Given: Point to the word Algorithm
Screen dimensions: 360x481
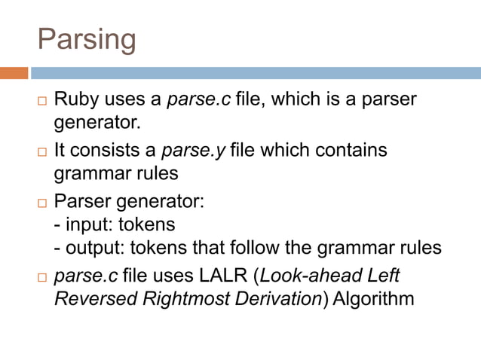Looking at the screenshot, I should tap(373, 298).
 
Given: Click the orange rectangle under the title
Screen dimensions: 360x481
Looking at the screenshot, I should tap(14, 73).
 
